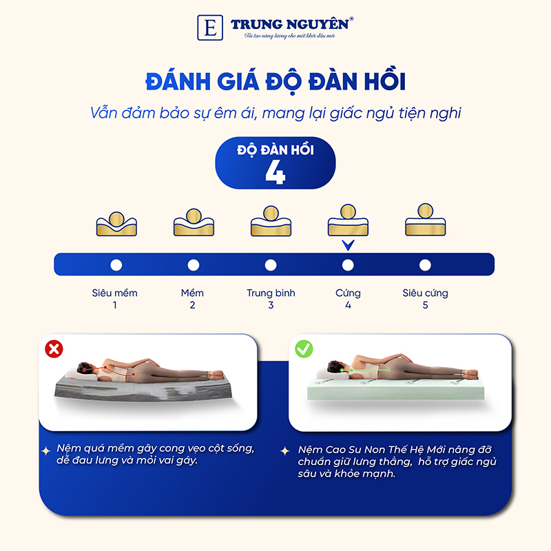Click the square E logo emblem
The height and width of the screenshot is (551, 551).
point(208,27)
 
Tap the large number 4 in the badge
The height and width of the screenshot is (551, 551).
point(275,173)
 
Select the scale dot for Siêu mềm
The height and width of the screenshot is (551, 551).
point(116,265)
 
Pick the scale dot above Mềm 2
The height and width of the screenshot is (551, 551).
point(193,265)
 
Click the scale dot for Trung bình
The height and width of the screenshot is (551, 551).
point(271,265)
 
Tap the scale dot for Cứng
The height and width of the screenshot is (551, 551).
point(348,265)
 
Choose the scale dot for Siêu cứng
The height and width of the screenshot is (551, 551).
point(425,265)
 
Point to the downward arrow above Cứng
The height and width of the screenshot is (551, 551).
point(348,245)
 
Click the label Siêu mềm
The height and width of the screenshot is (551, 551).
point(115,293)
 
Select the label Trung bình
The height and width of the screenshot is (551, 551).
point(271,293)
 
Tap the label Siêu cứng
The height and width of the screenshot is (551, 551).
point(425,293)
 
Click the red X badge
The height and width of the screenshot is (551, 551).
point(54,349)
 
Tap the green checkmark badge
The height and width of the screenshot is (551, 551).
point(304,349)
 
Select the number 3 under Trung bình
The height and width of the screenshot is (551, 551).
point(271,305)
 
